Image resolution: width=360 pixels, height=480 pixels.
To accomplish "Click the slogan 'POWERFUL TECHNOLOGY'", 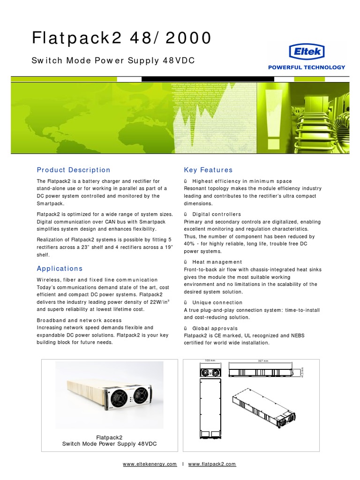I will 306,67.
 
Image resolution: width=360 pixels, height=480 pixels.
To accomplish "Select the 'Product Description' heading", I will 74,170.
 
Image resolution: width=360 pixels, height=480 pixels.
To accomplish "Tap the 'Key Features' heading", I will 208,170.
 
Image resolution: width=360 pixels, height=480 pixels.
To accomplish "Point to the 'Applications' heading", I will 60,269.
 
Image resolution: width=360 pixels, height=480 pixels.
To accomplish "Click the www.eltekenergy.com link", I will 150,464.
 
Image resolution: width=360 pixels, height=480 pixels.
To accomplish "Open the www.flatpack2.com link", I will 212,464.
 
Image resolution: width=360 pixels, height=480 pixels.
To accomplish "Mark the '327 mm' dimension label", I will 263,361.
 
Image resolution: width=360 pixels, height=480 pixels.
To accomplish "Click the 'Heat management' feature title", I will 217,262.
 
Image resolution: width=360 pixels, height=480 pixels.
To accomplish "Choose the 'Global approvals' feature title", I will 215,329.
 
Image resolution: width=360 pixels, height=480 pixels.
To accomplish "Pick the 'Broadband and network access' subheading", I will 79,321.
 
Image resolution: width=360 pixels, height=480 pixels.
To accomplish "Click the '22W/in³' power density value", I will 158,302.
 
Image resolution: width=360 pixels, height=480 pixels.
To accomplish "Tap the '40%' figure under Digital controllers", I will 190,244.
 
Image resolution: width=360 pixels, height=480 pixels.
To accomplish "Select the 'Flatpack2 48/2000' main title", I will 121,38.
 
